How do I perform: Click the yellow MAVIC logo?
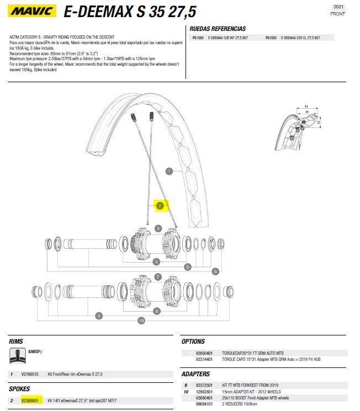click(32, 10)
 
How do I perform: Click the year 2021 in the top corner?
click(338, 7)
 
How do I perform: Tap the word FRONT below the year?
click(338, 14)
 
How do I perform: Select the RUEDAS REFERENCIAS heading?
click(218, 29)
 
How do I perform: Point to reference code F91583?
click(197, 38)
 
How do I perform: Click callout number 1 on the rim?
click(170, 171)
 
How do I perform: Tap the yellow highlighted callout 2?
click(160, 206)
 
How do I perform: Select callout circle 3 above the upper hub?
click(158, 228)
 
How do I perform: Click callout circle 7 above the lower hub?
click(158, 277)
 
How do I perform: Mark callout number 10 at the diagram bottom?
click(141, 321)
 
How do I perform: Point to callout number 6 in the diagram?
click(215, 271)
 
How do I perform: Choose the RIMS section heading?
click(17, 341)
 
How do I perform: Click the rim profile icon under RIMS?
click(18, 356)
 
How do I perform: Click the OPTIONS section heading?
click(193, 341)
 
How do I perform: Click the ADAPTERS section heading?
click(195, 374)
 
